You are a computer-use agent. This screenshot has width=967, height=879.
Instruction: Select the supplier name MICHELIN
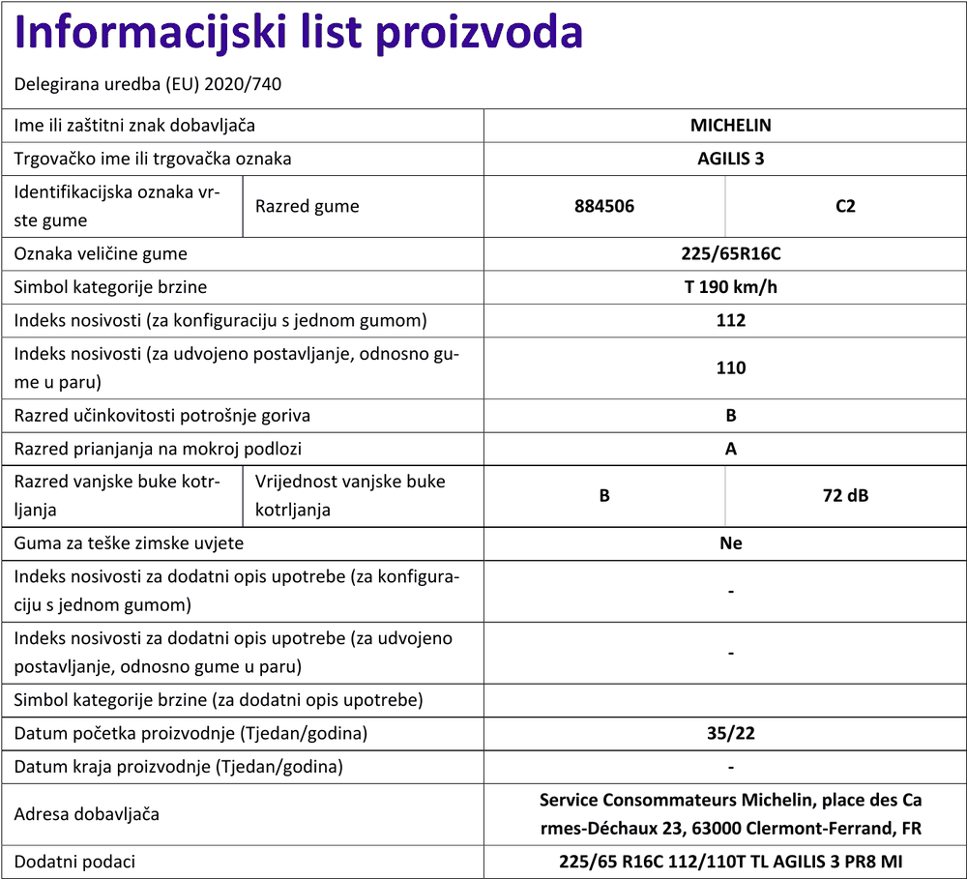pyautogui.click(x=730, y=125)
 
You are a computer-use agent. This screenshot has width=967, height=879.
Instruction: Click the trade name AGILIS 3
pyautogui.click(x=730, y=159)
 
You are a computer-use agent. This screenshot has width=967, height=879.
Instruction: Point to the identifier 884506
pyautogui.click(x=603, y=206)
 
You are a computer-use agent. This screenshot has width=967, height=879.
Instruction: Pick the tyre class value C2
pyautogui.click(x=845, y=206)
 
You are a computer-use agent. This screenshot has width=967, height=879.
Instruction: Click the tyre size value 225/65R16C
pyautogui.click(x=730, y=254)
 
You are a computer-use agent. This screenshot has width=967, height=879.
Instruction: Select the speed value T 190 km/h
pyautogui.click(x=730, y=287)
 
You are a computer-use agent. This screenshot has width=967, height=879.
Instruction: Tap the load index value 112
pyautogui.click(x=730, y=320)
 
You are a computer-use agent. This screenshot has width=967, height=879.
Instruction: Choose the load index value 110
pyautogui.click(x=730, y=367)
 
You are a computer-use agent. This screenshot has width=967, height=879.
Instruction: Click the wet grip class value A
pyautogui.click(x=730, y=449)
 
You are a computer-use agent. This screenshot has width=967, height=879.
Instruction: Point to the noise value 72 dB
pyautogui.click(x=845, y=496)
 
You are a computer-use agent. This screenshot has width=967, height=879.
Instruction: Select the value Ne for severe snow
pyautogui.click(x=730, y=543)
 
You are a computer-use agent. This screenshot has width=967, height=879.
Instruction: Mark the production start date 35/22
pyautogui.click(x=730, y=733)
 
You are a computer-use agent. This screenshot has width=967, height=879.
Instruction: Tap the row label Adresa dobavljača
pyautogui.click(x=87, y=814)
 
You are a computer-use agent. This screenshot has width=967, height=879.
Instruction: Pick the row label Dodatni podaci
pyautogui.click(x=74, y=861)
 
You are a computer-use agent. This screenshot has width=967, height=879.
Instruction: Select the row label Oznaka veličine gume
pyautogui.click(x=101, y=254)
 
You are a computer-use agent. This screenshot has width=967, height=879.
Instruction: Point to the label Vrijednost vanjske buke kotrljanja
pyautogui.click(x=350, y=495)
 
